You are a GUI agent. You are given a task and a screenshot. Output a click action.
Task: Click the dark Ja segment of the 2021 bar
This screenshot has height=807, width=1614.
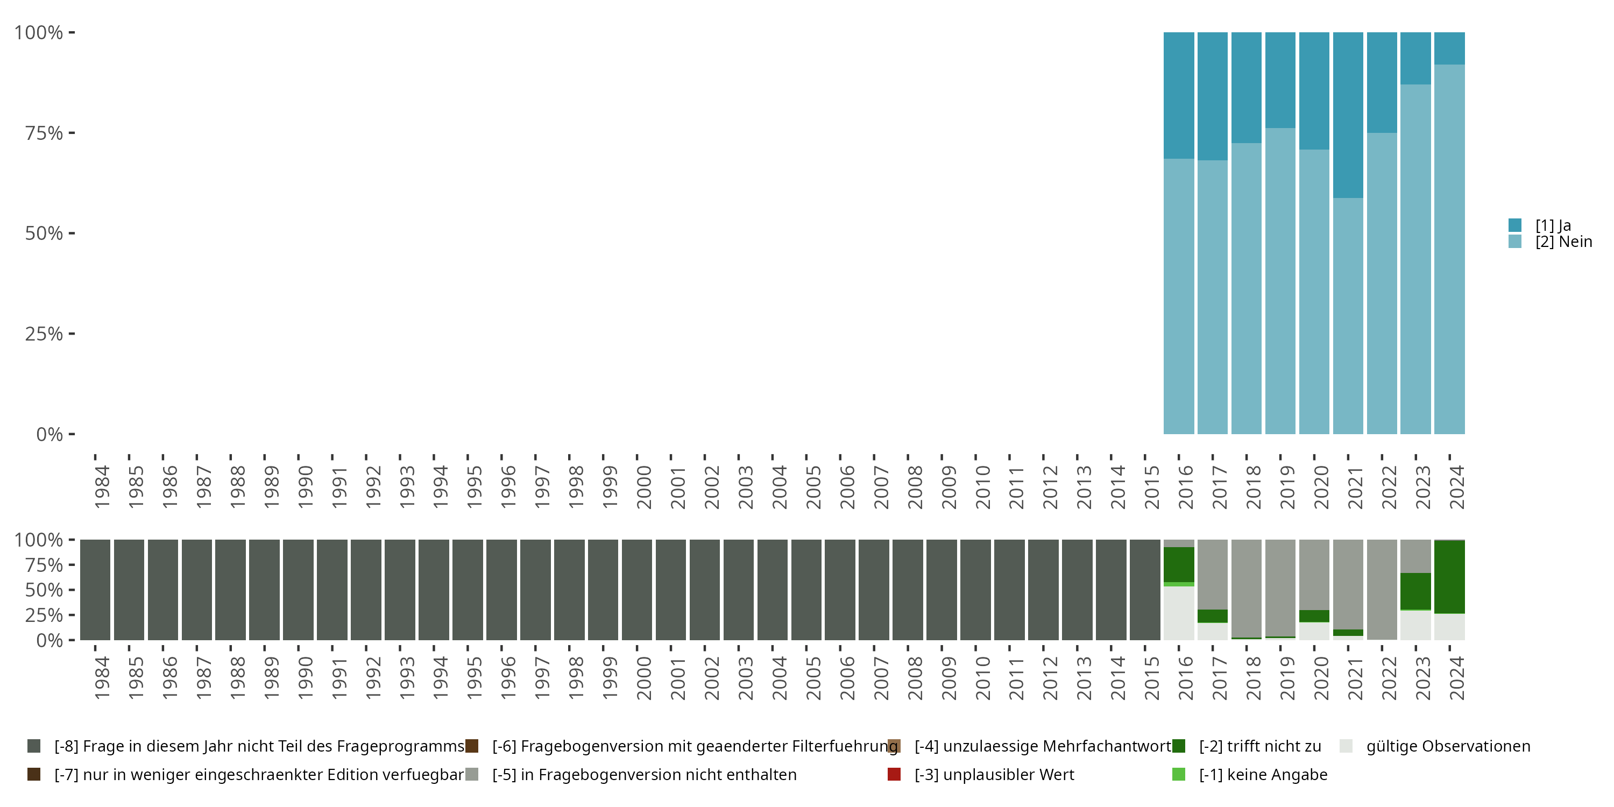[1348, 115]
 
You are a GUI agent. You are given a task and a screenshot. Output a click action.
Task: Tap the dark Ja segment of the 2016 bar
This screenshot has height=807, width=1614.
[1179, 95]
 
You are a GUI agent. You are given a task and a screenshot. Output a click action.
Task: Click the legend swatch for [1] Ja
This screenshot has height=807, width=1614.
[1515, 225]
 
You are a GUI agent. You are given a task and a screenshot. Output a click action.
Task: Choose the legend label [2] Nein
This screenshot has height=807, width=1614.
[1563, 242]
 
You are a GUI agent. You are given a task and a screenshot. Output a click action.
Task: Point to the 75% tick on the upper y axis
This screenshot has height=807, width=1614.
[44, 133]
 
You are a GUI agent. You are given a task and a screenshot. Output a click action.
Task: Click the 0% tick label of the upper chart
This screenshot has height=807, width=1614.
[49, 434]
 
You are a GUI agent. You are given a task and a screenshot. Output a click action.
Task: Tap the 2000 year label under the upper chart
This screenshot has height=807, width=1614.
[643, 487]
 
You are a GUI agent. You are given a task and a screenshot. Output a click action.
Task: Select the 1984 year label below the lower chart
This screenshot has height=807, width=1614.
[102, 678]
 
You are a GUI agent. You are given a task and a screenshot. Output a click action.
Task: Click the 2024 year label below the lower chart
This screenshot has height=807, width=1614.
[1457, 678]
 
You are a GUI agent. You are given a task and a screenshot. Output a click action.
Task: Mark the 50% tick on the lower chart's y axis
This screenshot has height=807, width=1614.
[44, 590]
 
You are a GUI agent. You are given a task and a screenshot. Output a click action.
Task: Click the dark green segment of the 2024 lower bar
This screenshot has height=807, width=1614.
[1449, 576]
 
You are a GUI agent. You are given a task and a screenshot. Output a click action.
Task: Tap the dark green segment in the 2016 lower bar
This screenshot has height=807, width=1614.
[1179, 564]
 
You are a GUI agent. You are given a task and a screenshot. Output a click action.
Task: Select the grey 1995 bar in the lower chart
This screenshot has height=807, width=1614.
[468, 590]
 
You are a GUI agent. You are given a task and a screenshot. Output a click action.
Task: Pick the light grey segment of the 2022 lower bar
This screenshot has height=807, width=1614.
[1382, 589]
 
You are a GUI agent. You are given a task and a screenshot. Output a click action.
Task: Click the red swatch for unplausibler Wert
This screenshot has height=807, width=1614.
[894, 774]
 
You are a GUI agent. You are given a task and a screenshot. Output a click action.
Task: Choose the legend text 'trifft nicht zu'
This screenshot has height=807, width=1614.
[1259, 746]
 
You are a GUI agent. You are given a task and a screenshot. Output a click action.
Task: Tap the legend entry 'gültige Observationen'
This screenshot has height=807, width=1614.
[1447, 746]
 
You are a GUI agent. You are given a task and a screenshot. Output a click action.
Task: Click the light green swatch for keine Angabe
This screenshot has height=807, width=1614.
[1179, 774]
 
